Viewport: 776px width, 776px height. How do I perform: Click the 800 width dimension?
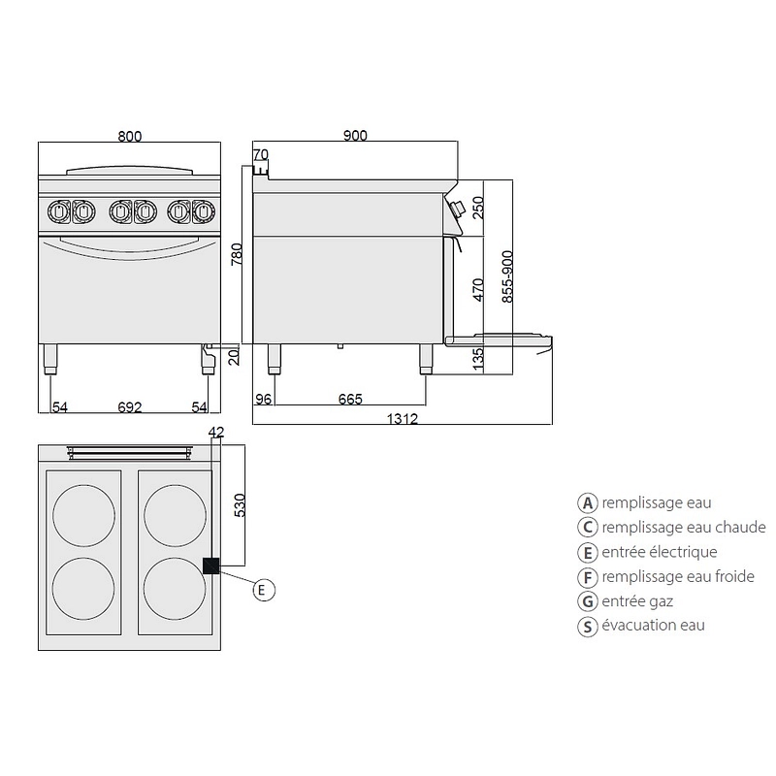coord(130,136)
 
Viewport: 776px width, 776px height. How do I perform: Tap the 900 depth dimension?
coord(355,136)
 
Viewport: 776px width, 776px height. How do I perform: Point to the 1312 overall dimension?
coord(402,419)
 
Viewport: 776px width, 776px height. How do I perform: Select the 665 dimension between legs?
coord(350,399)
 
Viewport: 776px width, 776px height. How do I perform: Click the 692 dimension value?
coord(130,407)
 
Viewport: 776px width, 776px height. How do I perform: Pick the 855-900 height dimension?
coord(507,276)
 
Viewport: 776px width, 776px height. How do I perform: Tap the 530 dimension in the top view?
coord(240,505)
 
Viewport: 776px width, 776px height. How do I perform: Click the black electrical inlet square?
coord(210,566)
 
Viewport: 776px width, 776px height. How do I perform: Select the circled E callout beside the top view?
coord(264,590)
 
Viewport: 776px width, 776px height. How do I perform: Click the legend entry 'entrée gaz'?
coord(637,601)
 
